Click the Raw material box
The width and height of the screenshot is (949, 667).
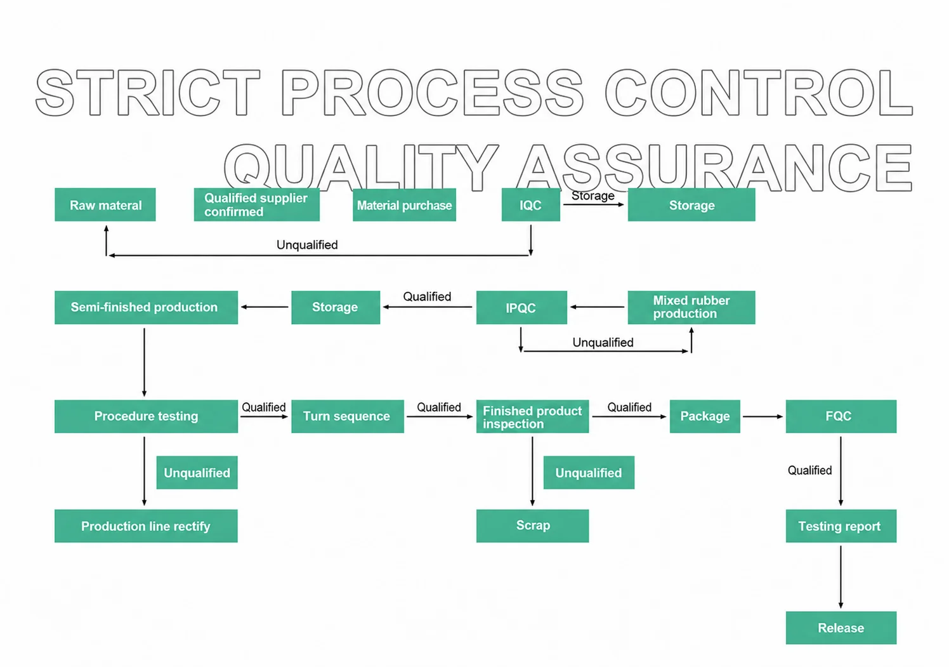coord(105,205)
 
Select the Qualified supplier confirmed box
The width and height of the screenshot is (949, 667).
coord(257,205)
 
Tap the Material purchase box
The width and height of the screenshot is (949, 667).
coord(404,205)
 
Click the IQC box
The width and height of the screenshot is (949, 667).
coord(531,205)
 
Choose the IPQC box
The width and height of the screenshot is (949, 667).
coord(521,308)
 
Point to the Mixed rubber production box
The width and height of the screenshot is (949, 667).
coord(691,308)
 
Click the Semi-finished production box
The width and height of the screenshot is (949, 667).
coord(146,308)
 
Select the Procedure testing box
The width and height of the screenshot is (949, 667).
coord(146,416)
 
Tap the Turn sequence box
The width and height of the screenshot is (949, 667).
coord(348,416)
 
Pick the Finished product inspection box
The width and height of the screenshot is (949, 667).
coord(532,416)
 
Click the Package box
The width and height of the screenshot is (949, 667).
coord(705,416)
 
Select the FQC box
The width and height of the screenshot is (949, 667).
coord(841,416)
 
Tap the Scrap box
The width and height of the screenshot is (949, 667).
coord(532,526)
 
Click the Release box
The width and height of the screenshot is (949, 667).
coord(841,628)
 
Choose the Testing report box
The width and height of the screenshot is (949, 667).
coord(841,526)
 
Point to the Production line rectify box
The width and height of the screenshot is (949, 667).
coord(146,526)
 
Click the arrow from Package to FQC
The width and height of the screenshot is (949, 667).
coord(762,416)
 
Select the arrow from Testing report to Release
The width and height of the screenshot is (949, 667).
coord(841,577)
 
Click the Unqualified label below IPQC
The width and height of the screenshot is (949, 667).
coord(603,343)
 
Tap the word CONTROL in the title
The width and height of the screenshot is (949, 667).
coord(758,93)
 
